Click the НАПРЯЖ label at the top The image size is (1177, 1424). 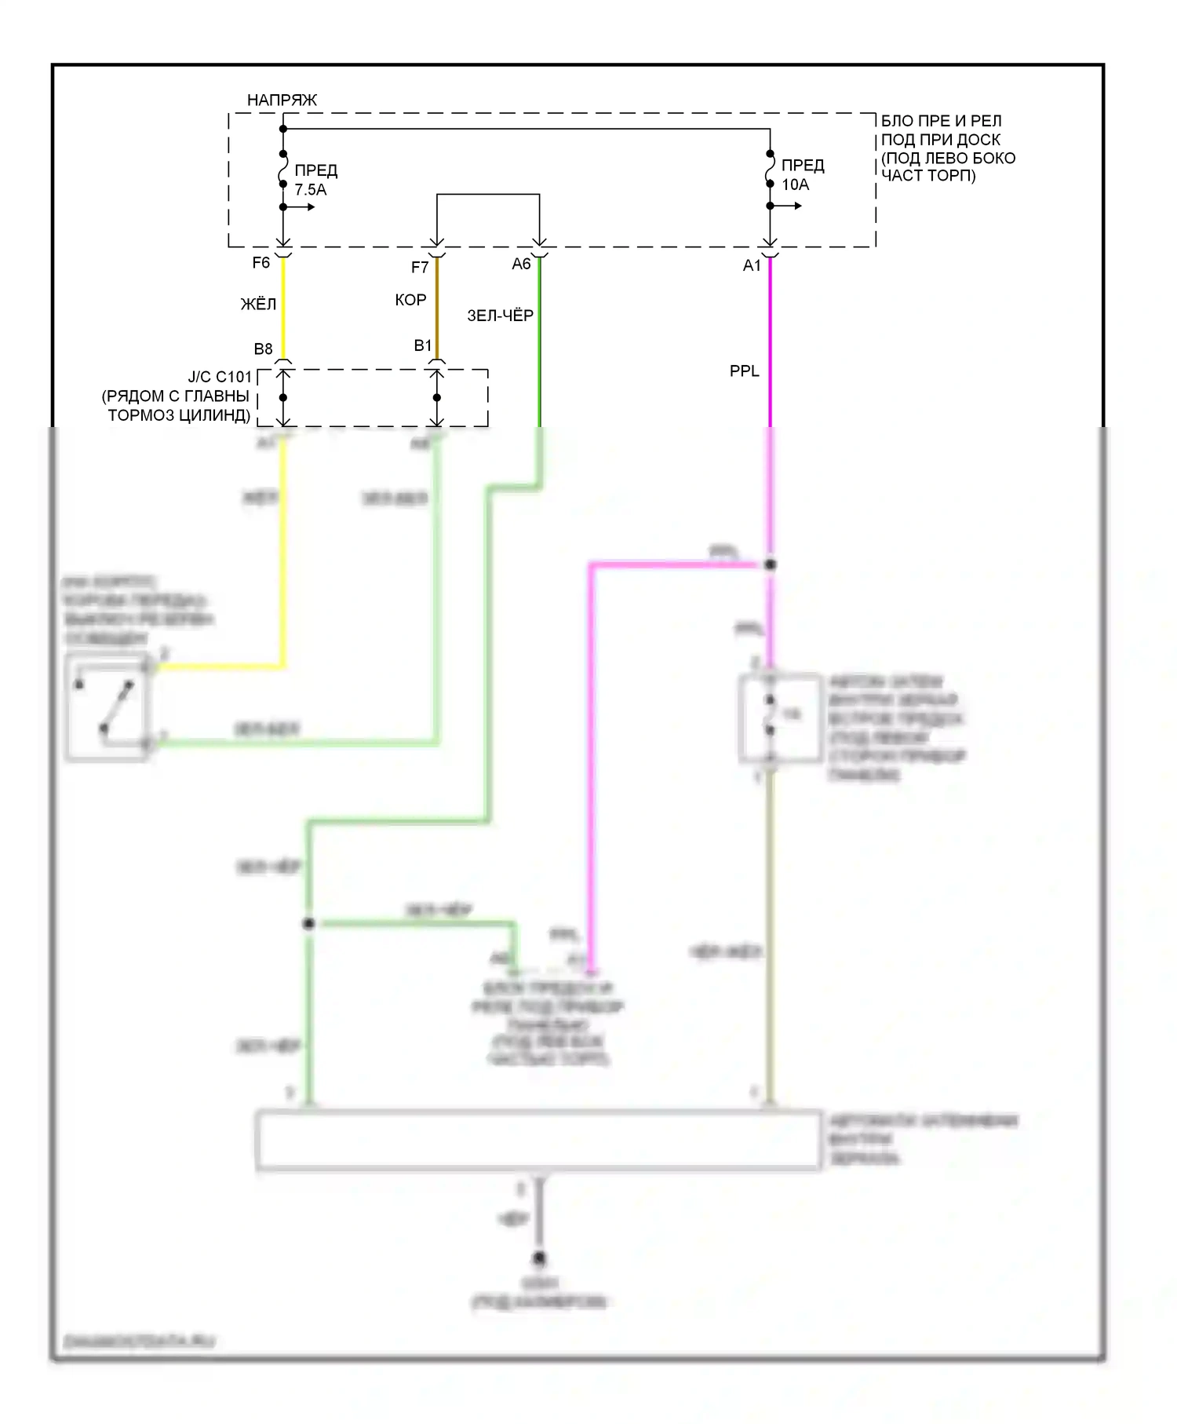pos(282,100)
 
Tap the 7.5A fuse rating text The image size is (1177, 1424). pos(311,190)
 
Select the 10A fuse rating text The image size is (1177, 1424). pos(795,184)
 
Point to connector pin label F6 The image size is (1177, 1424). pos(261,263)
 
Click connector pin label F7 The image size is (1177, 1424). pos(420,268)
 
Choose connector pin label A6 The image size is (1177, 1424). pos(521,265)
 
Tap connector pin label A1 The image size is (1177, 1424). pos(752,266)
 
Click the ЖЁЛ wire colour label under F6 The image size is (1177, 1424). pos(258,305)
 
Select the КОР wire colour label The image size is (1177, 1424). pos(410,300)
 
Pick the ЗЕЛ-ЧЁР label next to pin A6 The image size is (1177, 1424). pos(500,316)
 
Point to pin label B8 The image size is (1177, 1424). pos(263,349)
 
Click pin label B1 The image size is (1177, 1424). pos(423,345)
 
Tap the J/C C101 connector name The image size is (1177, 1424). pos(220,377)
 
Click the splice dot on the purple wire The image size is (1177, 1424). pos(771,564)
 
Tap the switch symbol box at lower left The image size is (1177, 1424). pos(107,707)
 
